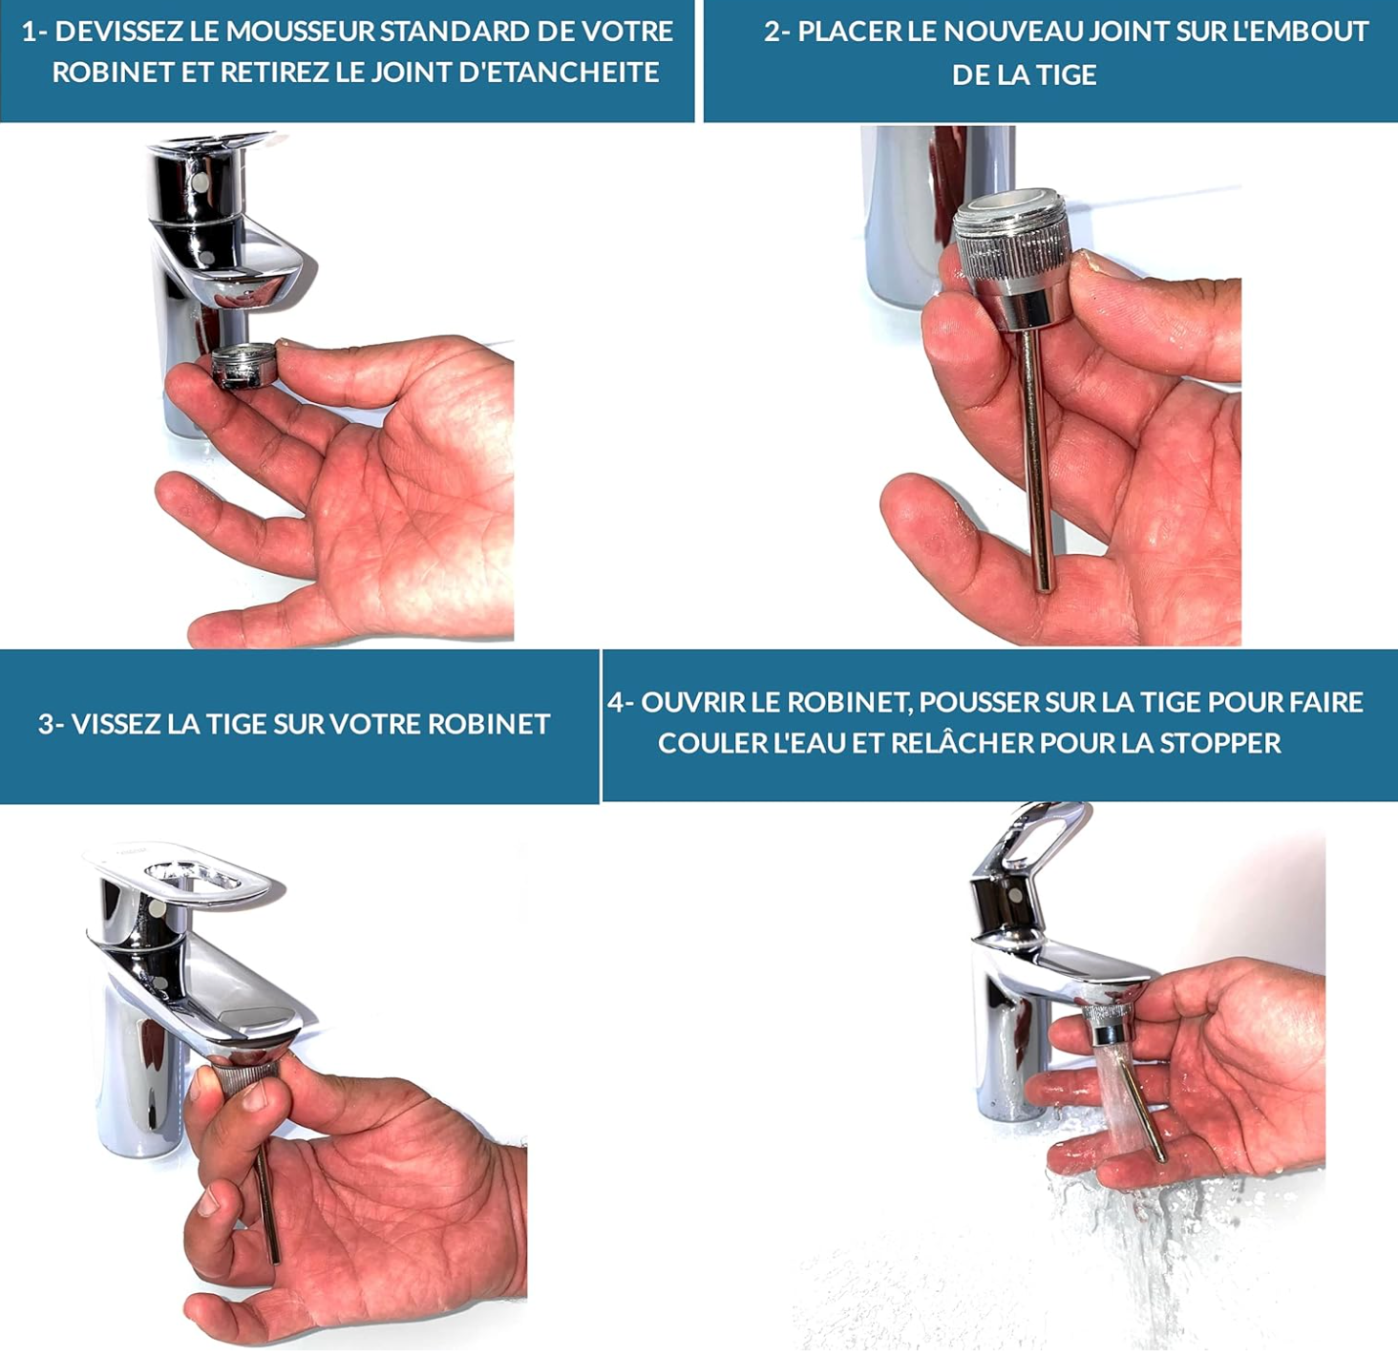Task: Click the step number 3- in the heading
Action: coord(51,724)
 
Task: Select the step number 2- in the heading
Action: coord(777,32)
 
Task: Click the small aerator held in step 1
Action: coord(245,365)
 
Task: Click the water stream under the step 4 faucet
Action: coord(1121,1107)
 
